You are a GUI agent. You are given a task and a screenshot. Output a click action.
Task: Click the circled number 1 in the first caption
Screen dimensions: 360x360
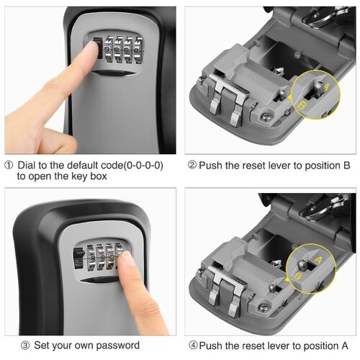8,165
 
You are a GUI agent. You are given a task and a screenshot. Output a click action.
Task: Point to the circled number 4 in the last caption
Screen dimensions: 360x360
192,345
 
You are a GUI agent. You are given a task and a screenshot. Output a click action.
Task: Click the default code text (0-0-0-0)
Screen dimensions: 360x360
141,165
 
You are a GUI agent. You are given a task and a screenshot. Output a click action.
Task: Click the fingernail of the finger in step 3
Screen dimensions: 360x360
130,264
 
